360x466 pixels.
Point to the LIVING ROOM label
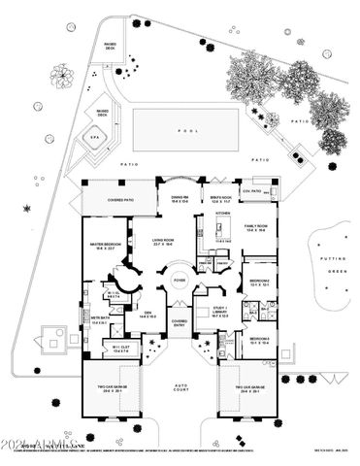pyautogui.click(x=162, y=242)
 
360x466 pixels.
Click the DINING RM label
pyautogui.click(x=180, y=197)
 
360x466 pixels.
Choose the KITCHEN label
pyautogui.click(x=221, y=213)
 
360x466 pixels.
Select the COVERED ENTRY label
pyautogui.click(x=180, y=323)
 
